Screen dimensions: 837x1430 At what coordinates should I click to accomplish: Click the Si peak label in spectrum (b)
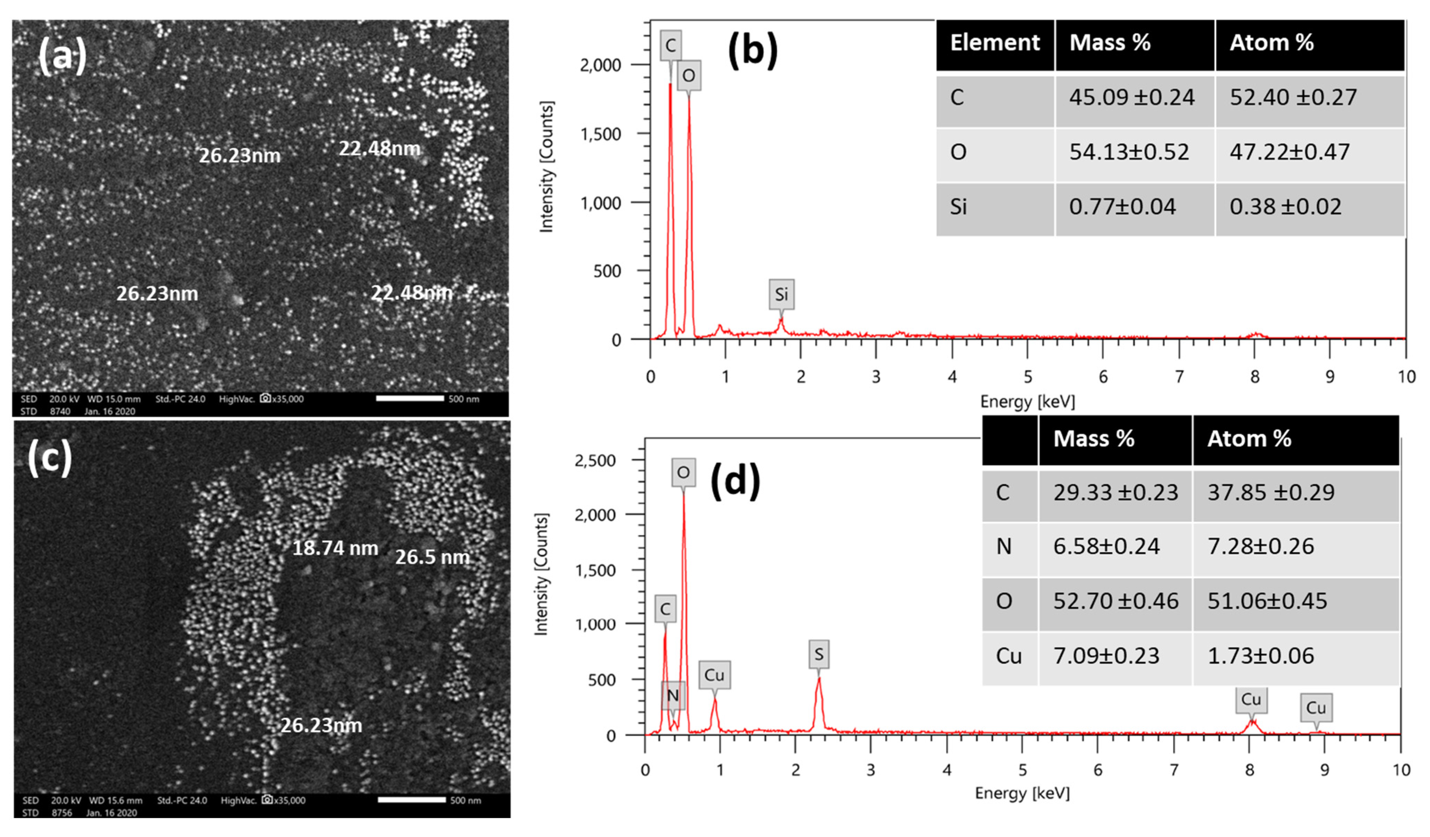click(781, 294)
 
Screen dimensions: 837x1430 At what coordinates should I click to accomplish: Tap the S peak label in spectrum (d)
click(818, 654)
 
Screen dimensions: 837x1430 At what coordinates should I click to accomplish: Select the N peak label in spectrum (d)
click(672, 696)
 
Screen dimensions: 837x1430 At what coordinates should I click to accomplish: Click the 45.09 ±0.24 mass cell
click(1131, 97)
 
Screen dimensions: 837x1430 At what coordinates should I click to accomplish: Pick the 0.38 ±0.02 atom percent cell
click(1285, 207)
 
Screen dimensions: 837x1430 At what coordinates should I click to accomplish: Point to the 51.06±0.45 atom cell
click(1267, 601)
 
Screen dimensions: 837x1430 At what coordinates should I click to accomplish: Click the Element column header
click(995, 43)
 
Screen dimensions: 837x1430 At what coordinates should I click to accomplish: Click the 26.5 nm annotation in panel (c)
click(432, 557)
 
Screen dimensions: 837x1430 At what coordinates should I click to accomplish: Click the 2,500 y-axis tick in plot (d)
click(595, 460)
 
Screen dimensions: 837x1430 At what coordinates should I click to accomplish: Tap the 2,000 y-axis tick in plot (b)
click(600, 65)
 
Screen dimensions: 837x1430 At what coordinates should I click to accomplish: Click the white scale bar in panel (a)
click(410, 398)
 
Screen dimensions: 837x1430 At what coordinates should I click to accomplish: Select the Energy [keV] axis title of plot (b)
click(1027, 402)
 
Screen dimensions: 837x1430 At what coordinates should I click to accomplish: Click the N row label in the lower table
click(1004, 546)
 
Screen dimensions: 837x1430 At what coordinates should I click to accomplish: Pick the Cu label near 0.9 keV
click(714, 675)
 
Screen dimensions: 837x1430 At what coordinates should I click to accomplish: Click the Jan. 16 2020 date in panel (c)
click(111, 813)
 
